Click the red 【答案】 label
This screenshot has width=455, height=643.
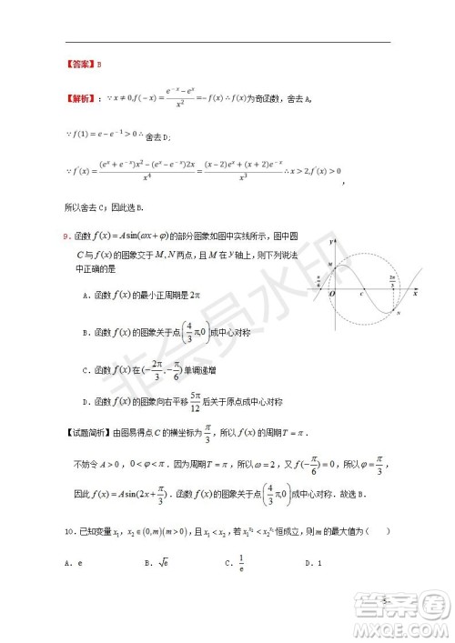pos(80,65)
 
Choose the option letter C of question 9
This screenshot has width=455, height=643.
pos(85,371)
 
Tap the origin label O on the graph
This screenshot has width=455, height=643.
pos(332,294)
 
